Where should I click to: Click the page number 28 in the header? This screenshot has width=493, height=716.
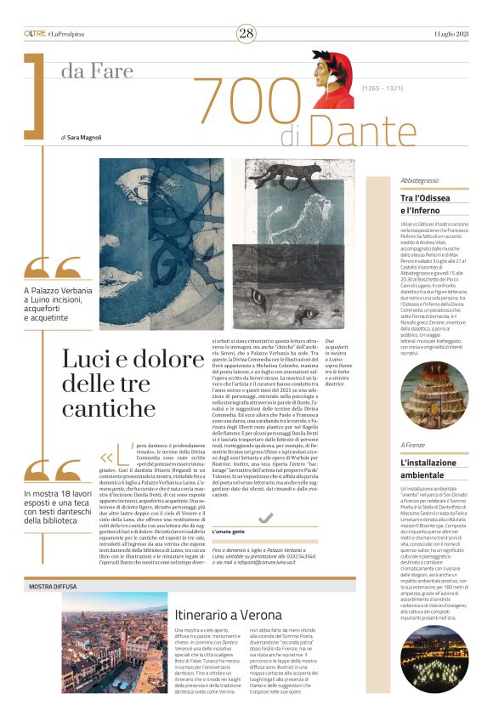click(x=246, y=33)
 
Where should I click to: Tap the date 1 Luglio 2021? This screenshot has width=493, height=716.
click(x=450, y=33)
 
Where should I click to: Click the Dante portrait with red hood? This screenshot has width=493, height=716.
click(x=332, y=79)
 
